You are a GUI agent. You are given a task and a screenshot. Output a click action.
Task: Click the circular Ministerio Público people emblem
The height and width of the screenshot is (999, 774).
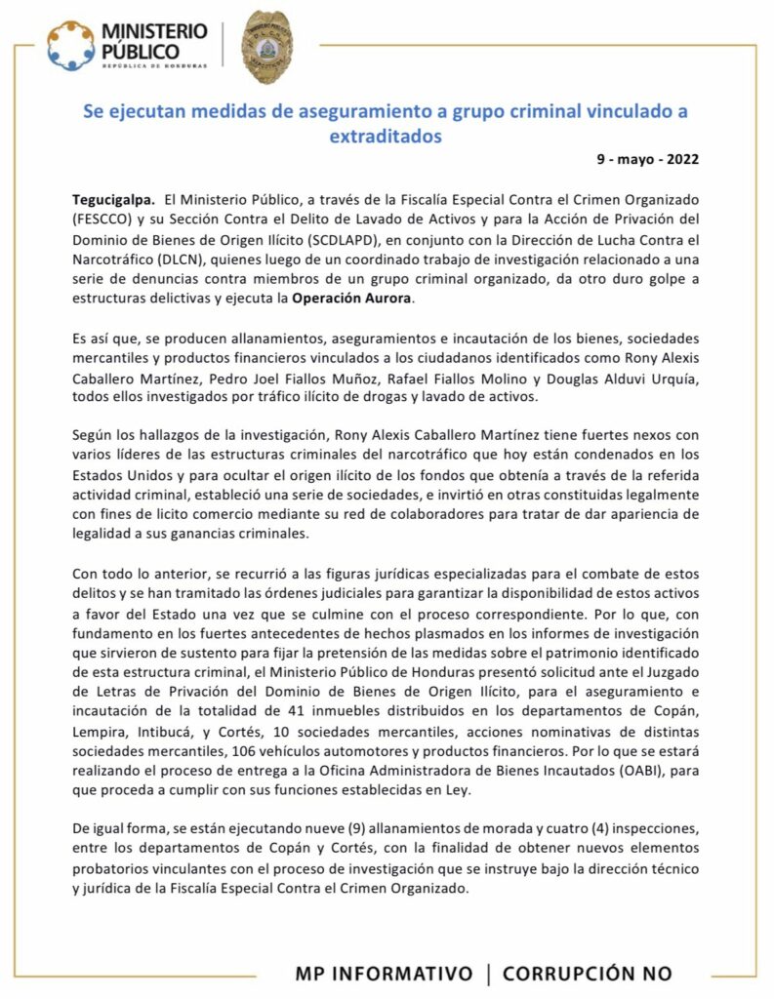coord(71,46)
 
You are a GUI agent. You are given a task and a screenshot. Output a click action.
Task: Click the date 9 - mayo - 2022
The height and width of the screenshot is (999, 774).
coord(647,158)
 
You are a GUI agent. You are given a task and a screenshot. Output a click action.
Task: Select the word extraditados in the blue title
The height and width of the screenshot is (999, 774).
coord(386,137)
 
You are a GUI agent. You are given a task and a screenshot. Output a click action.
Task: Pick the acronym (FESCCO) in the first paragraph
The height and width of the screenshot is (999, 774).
coord(106,219)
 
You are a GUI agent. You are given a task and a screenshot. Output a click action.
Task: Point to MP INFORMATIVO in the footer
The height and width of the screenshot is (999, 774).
coord(384,974)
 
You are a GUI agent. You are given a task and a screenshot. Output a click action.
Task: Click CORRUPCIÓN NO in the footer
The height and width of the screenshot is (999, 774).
coord(588,974)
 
